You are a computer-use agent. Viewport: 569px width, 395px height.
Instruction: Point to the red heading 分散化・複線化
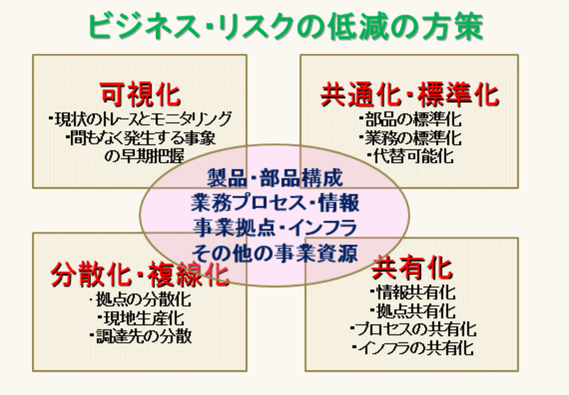140,273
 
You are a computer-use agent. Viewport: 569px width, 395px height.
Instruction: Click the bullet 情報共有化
413,293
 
